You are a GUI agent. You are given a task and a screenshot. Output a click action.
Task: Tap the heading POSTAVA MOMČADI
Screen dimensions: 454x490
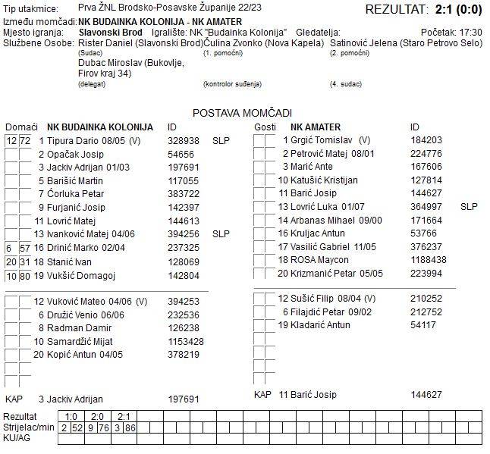[x=242, y=113]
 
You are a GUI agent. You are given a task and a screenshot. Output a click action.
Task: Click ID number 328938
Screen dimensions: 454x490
[x=184, y=141]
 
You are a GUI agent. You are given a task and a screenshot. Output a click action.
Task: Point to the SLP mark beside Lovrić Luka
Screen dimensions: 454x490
[x=469, y=206]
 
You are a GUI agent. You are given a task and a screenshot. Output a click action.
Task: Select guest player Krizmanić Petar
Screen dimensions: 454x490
[x=325, y=273]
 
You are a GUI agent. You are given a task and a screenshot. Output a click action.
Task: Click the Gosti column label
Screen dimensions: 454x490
[x=265, y=127]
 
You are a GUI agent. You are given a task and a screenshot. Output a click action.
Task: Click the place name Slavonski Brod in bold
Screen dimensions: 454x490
[x=111, y=33]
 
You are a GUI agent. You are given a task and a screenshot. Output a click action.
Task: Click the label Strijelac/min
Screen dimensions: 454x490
[x=30, y=427]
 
